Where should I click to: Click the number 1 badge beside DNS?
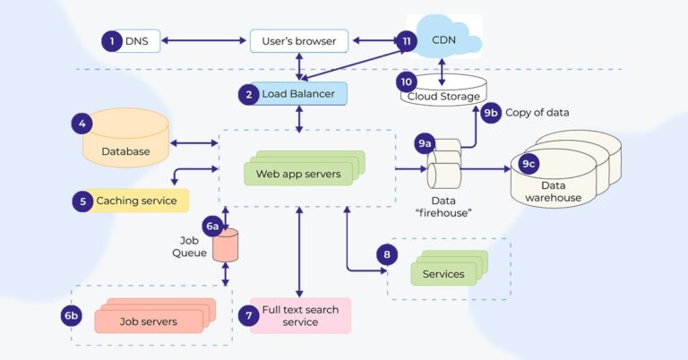(x=111, y=40)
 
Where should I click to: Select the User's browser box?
(x=298, y=40)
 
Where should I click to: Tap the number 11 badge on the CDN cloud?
(x=407, y=40)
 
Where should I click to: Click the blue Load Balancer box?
(x=292, y=93)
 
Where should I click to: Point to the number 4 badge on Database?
(x=82, y=124)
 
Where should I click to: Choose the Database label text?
(x=125, y=151)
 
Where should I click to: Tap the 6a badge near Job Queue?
(x=212, y=227)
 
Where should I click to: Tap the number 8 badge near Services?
(x=386, y=255)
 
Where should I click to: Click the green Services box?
(x=444, y=273)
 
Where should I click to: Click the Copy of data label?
(x=537, y=113)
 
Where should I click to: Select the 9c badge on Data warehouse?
(x=529, y=164)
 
